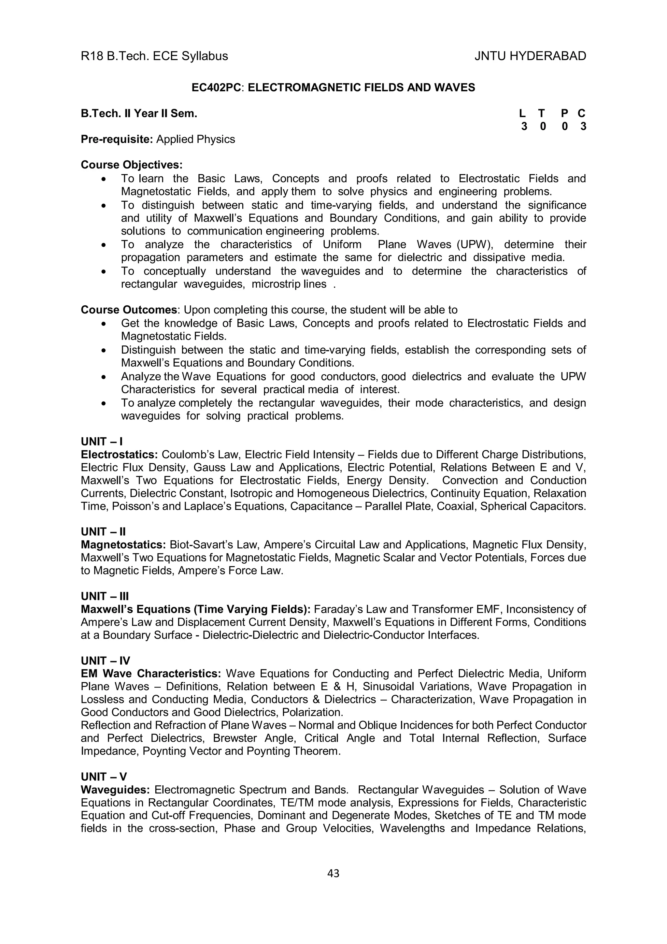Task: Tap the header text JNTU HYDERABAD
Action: tap(530, 56)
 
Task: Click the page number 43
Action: tap(333, 873)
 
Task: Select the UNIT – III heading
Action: tap(105, 596)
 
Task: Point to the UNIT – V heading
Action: tap(104, 777)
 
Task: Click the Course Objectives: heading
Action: tap(132, 165)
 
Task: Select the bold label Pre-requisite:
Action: tap(117, 139)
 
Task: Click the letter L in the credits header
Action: tap(522, 113)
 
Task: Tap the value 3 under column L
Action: tap(524, 126)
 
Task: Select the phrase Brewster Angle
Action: tap(254, 738)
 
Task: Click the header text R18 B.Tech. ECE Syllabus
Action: tap(154, 56)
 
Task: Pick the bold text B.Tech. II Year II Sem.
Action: tap(139, 113)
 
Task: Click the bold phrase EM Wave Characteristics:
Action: tap(151, 674)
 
